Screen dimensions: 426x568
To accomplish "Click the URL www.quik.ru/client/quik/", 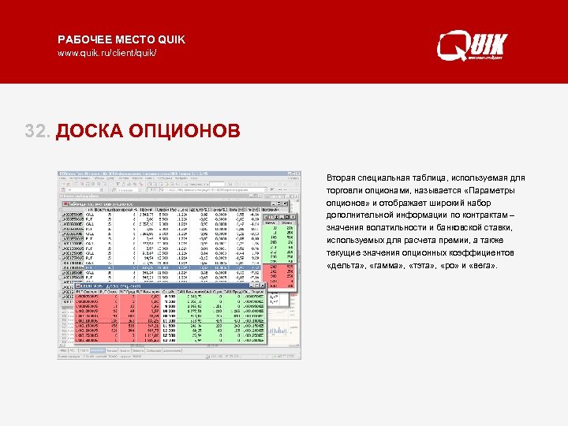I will point(107,53).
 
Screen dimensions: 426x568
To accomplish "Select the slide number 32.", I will point(38,129).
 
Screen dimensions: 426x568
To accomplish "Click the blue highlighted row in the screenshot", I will point(174,267).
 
